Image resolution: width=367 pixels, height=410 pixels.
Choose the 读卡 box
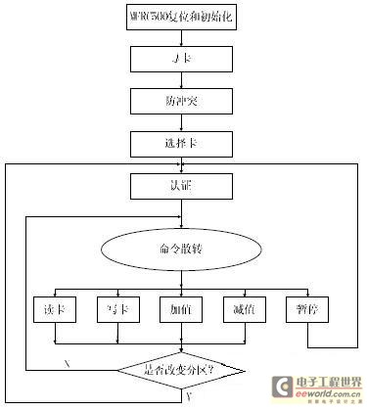[55, 307]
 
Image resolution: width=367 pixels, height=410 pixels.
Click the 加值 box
[181, 307]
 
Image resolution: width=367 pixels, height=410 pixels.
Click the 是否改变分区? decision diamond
[181, 369]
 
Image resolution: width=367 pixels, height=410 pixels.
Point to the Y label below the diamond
[188, 399]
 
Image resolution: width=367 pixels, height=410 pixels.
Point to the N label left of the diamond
[67, 362]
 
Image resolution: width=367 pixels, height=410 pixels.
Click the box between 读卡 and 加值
[117, 307]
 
